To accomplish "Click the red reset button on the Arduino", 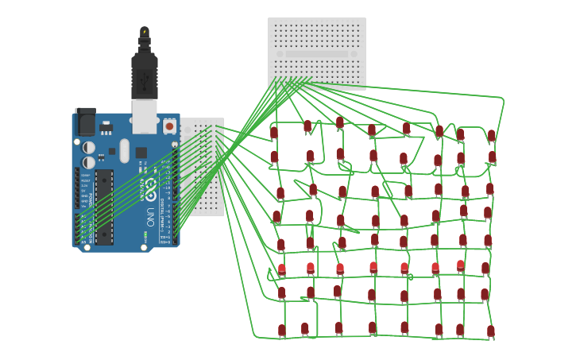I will pos(169,126).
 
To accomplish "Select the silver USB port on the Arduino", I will pos(145,115).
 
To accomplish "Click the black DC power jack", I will pos(85,122).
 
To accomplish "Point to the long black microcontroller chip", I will pos(104,207).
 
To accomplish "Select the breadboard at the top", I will pos(316,53).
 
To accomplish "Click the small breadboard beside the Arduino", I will pos(202,167).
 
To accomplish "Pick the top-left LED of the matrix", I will pos(274,133).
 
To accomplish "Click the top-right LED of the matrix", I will pos(491,136).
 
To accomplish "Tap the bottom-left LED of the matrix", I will pos(281,330).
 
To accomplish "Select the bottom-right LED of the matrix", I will pos(490,331).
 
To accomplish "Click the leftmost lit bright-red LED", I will pos(281,269).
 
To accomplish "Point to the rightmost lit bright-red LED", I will pos(460,265).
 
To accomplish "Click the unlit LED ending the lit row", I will pos(485,269).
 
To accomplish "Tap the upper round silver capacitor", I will pos(89,148).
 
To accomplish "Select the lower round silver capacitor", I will pos(89,162).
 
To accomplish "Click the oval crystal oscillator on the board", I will pos(125,150).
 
